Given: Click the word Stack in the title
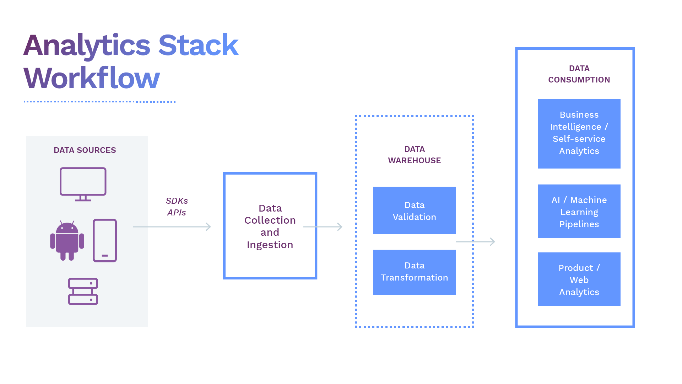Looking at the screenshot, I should click(198, 46).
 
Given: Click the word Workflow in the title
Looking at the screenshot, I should click(92, 78).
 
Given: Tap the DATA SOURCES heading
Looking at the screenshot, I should click(85, 150).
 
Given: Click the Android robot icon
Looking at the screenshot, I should click(67, 241).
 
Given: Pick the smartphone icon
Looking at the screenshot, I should click(105, 241).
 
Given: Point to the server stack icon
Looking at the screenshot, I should click(83, 292).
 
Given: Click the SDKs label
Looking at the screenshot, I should click(177, 201).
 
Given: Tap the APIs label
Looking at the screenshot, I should click(177, 213).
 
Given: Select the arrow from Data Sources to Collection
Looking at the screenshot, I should click(172, 227).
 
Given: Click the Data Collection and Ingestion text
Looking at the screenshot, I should click(270, 226).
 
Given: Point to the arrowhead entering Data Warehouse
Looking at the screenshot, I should click(340, 227).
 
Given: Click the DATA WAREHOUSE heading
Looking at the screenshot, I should click(415, 155).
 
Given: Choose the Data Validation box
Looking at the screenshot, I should click(415, 210).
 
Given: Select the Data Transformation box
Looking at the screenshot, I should click(415, 272).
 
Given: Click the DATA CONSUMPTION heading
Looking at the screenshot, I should click(579, 74).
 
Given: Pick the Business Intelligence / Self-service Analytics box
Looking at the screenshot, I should click(579, 133).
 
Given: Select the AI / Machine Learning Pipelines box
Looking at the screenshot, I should click(579, 212).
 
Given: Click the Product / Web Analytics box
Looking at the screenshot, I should click(579, 279).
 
